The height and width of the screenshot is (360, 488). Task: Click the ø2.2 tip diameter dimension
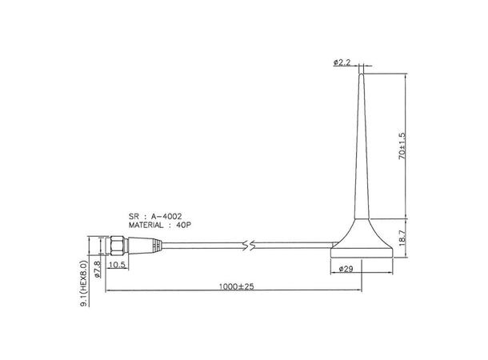pos(342,62)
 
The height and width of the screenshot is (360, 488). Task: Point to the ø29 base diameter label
pos(346,268)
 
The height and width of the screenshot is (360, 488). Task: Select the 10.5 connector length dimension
pos(117,264)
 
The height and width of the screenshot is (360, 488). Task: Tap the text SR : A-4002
pos(155,216)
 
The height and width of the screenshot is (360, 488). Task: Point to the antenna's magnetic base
pos(362,242)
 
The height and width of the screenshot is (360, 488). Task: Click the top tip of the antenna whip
pos(362,74)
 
